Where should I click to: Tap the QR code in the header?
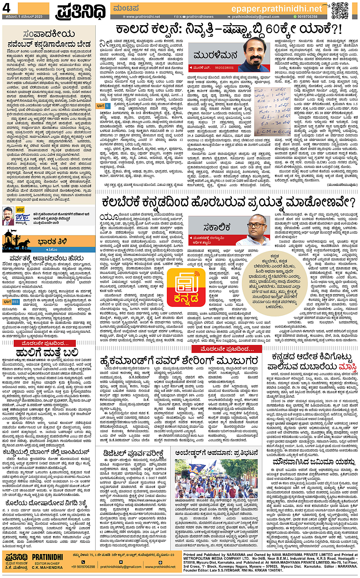(339, 10)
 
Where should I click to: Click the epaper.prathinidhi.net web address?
(277, 8)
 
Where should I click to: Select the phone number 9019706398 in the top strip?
(307, 17)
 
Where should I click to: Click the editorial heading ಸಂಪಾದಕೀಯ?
(50, 34)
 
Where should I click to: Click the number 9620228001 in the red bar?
(224, 68)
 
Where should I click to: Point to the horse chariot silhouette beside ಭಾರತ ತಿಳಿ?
(17, 242)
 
